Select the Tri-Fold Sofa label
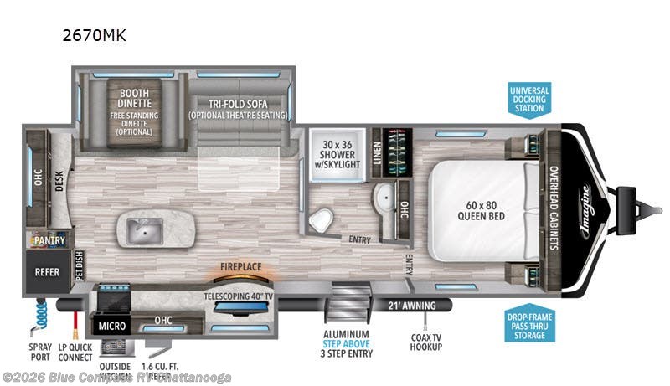(x=238, y=104)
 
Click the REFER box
(x=45, y=272)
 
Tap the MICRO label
(x=112, y=324)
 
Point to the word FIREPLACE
(x=241, y=267)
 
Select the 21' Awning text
(x=408, y=305)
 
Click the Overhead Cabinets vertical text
(x=553, y=206)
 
